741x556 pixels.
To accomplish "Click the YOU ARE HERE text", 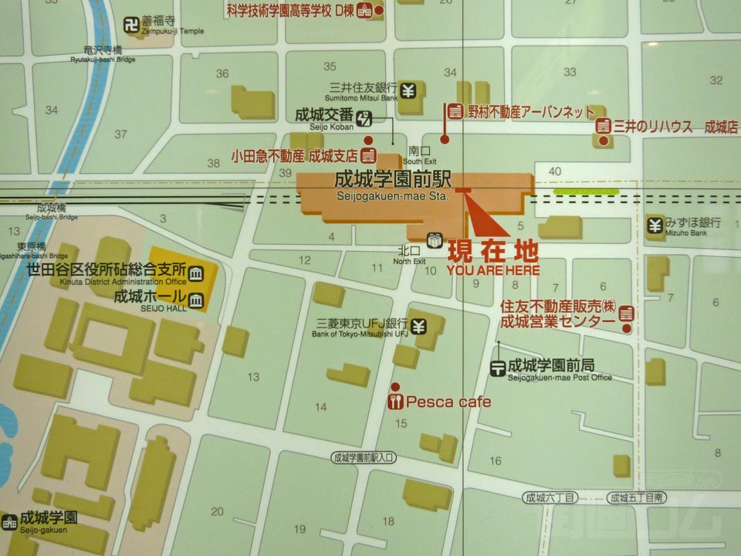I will (492, 270).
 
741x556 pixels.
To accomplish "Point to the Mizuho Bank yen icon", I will (655, 226).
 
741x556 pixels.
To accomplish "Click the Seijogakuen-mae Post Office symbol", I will (499, 368).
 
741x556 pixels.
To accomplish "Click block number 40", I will (553, 171).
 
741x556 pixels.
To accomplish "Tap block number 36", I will (222, 74).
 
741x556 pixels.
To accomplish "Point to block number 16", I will (495, 462).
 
